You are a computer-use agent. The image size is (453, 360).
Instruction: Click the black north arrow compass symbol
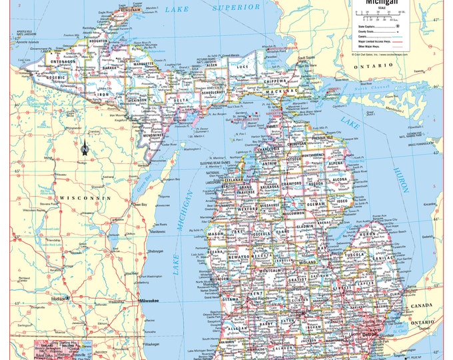[x=84, y=147]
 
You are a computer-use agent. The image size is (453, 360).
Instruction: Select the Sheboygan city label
[x=155, y=252]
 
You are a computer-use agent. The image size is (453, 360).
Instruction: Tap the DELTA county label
[x=181, y=100]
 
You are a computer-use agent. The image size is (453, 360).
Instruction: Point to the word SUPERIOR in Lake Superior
[x=237, y=7]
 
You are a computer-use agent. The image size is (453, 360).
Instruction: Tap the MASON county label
[x=216, y=235]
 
